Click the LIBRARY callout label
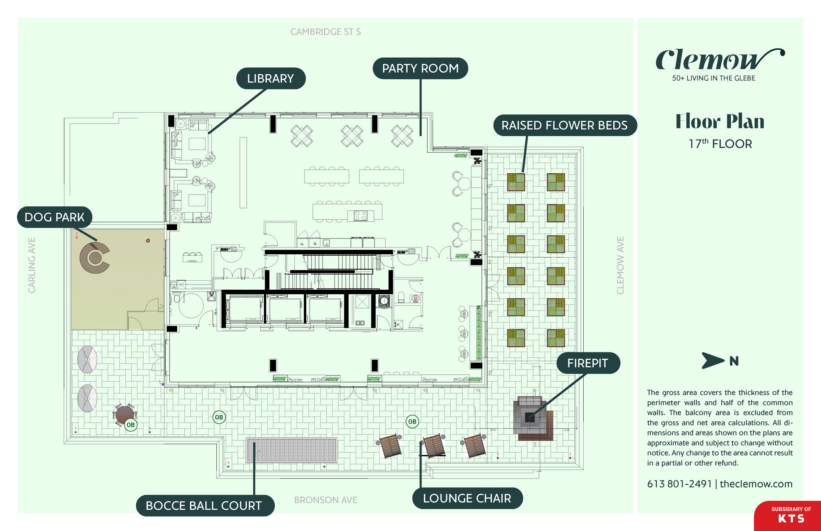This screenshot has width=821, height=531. pos(271,78)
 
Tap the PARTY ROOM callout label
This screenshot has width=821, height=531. pos(420,68)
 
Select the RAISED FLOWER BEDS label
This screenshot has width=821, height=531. pos(564,125)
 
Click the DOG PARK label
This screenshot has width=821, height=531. pos(54,217)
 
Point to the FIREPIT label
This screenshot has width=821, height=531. pos(587,363)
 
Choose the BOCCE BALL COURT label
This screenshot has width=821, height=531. pos(204,506)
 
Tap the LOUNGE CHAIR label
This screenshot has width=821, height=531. pos(467,498)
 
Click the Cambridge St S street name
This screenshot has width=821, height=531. pos(326,32)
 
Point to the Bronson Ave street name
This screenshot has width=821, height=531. pos(326,500)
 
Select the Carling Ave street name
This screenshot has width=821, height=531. pos(32,265)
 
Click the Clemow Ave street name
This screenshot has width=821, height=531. pos(620,265)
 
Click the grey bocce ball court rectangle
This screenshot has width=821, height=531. pos(291,450)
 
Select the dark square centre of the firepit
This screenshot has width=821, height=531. pos(530,417)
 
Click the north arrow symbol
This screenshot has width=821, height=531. pos(713,361)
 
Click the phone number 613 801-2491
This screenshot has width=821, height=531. pos(679,484)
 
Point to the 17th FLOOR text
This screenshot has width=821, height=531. pos(720,144)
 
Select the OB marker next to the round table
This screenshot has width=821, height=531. pos(131,425)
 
